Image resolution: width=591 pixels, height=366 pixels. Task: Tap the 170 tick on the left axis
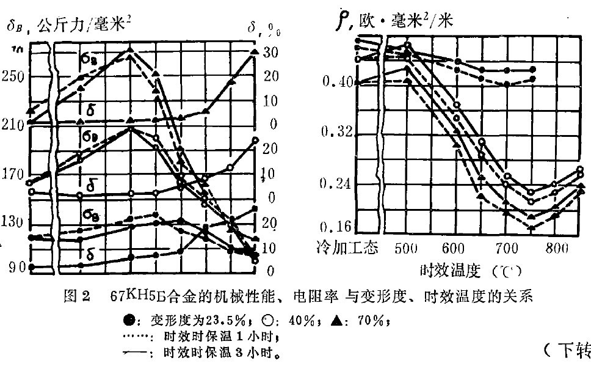pyautogui.click(x=13, y=174)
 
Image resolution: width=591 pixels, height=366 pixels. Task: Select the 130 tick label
pyautogui.click(x=13, y=221)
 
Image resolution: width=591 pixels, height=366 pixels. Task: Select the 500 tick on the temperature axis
pyautogui.click(x=405, y=249)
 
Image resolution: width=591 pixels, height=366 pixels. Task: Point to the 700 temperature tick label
pyautogui.click(x=505, y=249)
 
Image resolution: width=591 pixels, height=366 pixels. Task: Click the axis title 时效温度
pyautogui.click(x=449, y=269)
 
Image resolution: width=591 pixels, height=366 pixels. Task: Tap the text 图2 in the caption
pyautogui.click(x=77, y=298)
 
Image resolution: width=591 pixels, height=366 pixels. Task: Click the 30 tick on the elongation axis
pyautogui.click(x=270, y=53)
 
